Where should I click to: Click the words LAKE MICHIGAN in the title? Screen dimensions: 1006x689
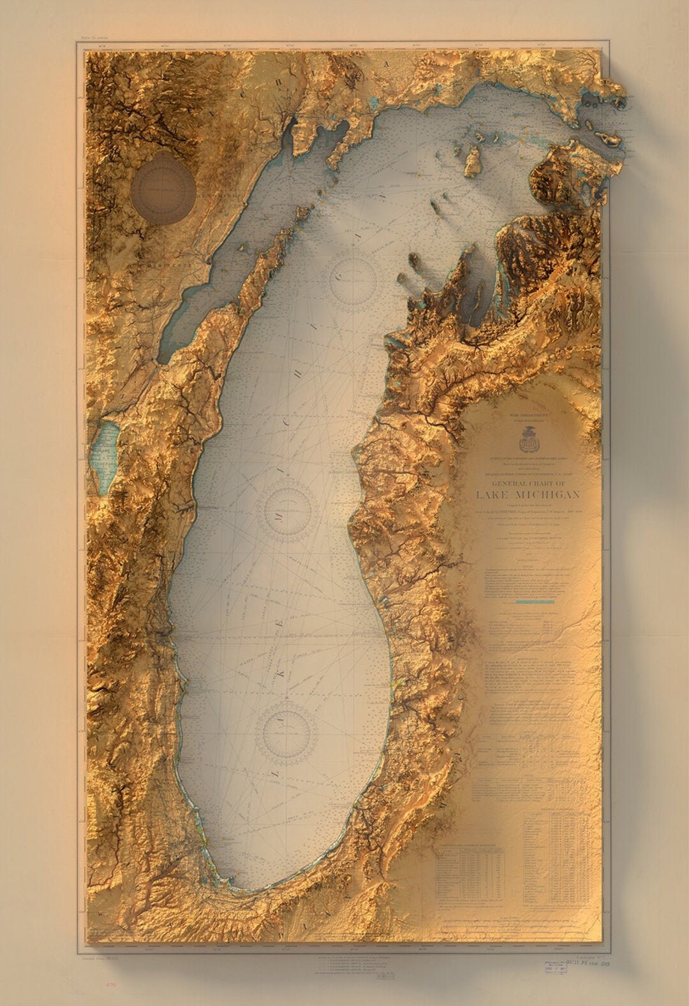[x=528, y=496]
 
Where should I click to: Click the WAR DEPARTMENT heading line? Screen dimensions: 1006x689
[x=528, y=415]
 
